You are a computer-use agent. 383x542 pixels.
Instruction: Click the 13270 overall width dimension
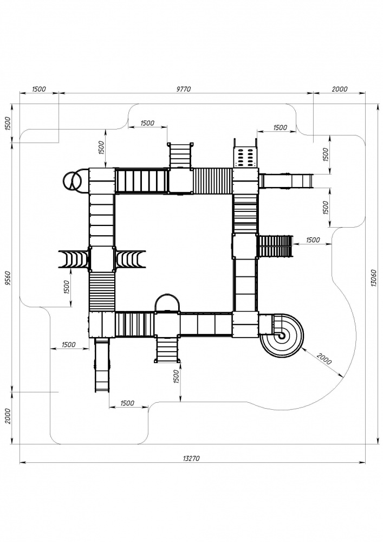coord(191,459)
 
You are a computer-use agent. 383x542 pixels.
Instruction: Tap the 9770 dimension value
coord(184,89)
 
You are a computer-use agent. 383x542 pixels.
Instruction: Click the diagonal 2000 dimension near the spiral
coord(324,359)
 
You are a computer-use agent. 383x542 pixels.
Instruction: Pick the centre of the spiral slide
coord(282,335)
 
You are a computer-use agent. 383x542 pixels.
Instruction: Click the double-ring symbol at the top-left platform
coord(72,180)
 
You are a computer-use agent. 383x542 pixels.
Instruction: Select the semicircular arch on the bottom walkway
coord(167,303)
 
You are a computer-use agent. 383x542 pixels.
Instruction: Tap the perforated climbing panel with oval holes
coord(245,156)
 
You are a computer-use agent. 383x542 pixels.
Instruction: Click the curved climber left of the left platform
coord(74,259)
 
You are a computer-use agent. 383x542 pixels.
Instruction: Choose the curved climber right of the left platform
coord(130,259)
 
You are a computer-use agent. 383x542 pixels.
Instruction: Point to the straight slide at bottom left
coord(102,365)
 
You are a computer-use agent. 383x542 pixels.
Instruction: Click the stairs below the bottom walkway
coord(167,350)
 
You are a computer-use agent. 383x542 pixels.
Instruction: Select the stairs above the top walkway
coord(180,155)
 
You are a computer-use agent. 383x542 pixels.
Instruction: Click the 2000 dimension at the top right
coord(340,89)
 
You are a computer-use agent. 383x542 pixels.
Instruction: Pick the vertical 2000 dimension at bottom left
coord(8,416)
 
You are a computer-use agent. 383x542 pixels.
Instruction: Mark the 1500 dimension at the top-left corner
coord(39,89)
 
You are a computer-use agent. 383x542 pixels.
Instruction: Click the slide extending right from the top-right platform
coord(286,181)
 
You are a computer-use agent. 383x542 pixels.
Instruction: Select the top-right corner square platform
coord(245,180)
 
